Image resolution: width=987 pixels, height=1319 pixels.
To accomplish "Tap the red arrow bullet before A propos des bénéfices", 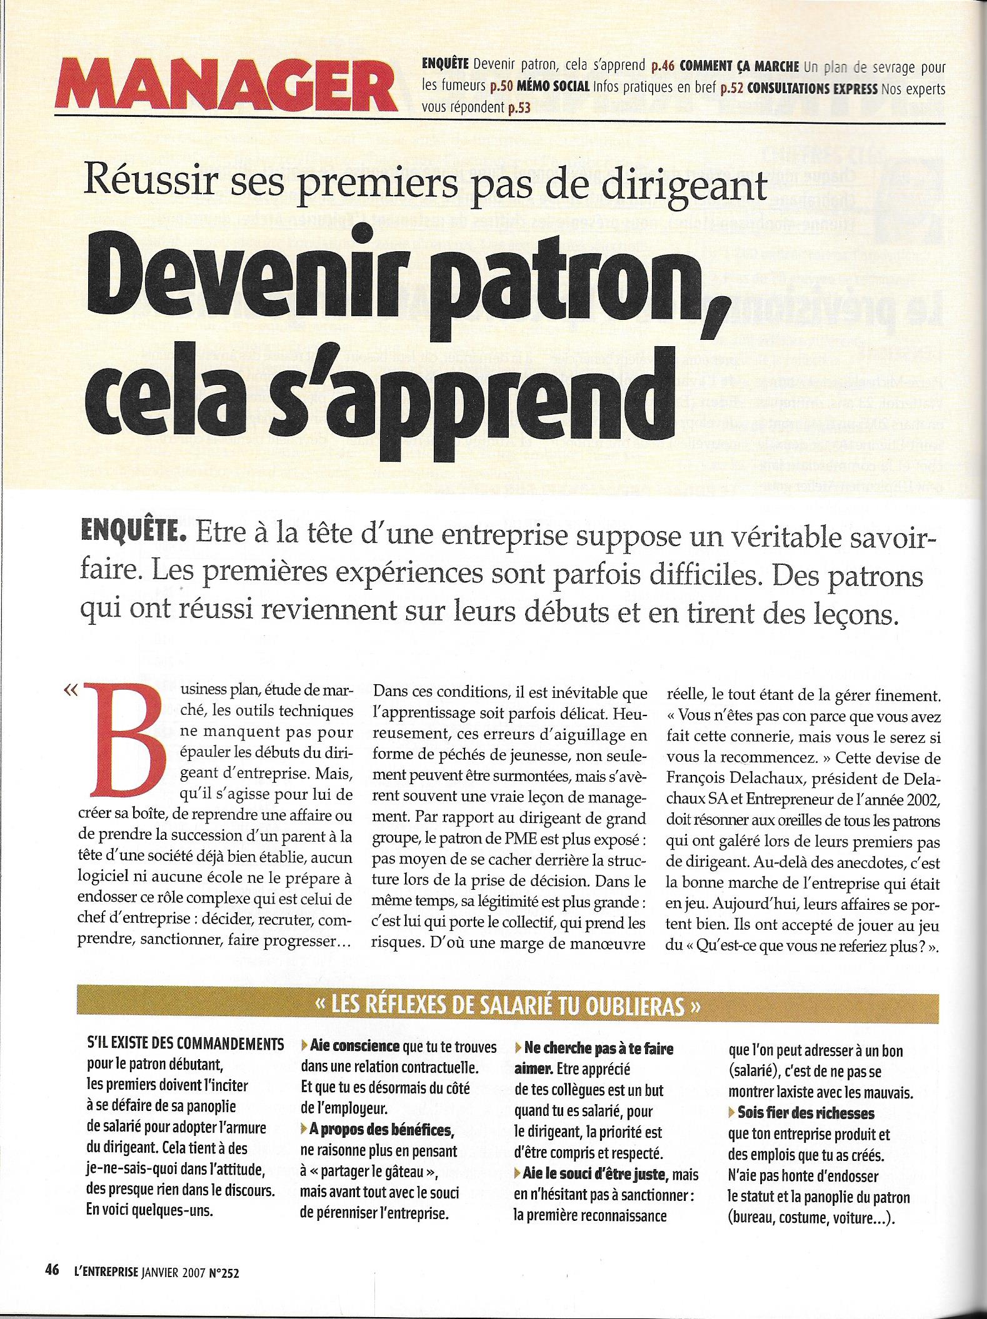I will tap(304, 1130).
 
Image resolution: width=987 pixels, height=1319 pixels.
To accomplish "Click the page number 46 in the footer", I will tap(52, 1270).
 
